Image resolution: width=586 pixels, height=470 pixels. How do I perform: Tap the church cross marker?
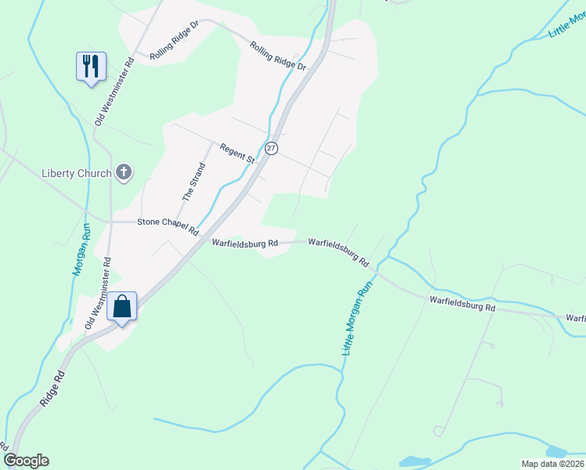[x=123, y=172]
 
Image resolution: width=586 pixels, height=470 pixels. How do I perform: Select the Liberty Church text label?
[x=75, y=172]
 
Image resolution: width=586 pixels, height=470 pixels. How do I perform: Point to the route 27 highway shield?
[x=271, y=148]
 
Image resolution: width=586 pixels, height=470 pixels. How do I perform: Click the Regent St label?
[x=237, y=154]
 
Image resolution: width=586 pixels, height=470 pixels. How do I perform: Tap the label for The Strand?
[x=194, y=181]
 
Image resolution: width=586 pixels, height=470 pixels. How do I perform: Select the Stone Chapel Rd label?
[x=168, y=222]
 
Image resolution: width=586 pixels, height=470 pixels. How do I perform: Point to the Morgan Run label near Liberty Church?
[x=81, y=250]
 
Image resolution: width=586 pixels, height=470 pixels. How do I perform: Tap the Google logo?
[x=26, y=461]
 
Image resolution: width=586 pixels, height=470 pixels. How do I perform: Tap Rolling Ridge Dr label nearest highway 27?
[x=278, y=57]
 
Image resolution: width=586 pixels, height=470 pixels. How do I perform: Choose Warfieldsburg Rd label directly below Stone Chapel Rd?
[x=244, y=244]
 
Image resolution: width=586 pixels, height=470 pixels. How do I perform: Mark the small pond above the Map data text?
[x=555, y=452]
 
